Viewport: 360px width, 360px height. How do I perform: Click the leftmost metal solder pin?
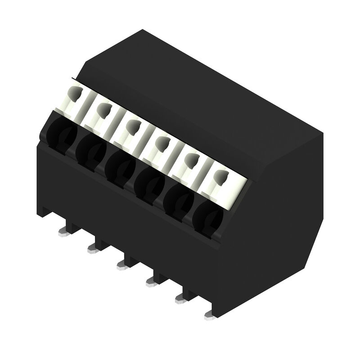[63, 232]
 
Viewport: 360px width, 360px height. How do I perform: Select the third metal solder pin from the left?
[122, 265]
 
